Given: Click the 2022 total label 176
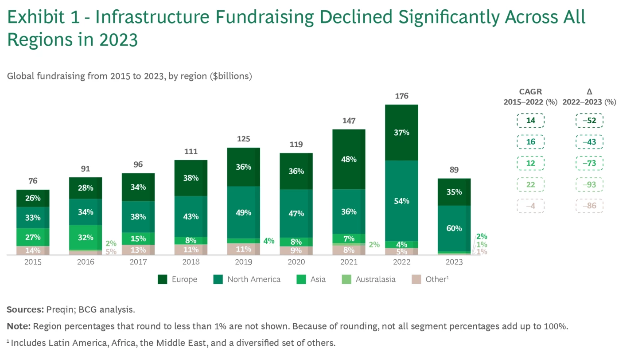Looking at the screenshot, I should click(401, 96).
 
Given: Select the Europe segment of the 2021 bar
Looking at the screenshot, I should click(349, 159).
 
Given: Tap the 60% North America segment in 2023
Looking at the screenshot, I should click(454, 228).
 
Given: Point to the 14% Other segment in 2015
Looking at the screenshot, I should click(33, 250).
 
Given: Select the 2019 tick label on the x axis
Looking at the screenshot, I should click(243, 262).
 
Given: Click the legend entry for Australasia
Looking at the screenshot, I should click(375, 279).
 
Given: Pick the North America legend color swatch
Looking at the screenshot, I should click(218, 279).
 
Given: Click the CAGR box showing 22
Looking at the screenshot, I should click(530, 184).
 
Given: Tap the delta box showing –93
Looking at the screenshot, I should click(589, 184).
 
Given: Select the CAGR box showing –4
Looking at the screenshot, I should click(530, 206).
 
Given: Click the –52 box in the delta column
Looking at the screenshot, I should click(589, 121).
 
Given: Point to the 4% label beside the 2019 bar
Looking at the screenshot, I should click(269, 241).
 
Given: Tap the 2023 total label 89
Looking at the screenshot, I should click(454, 170).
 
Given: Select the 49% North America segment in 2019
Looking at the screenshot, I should click(243, 212).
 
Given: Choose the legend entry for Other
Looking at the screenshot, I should click(435, 279).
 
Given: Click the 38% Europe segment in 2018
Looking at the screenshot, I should click(191, 178).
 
